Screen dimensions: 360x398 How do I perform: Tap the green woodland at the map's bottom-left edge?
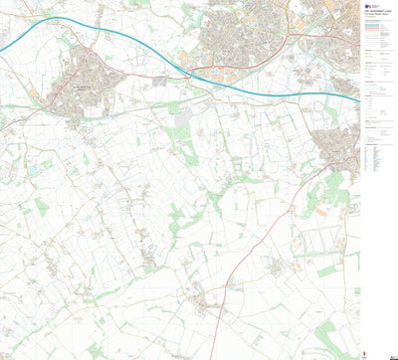[x=95, y=350]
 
